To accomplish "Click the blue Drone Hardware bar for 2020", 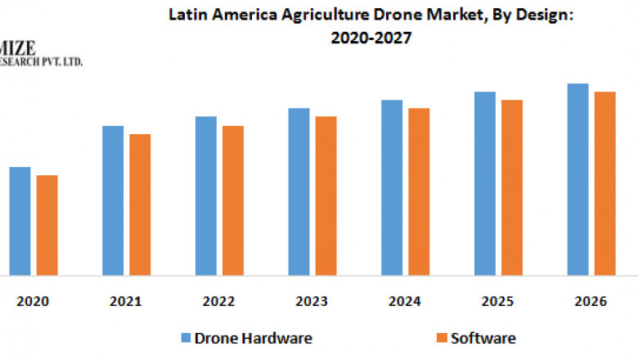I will [x=20, y=221].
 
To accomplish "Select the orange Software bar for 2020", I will [x=47, y=225].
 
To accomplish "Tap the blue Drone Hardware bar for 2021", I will [x=113, y=200].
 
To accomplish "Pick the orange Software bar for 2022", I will [x=233, y=200].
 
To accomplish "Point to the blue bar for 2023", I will [x=299, y=191].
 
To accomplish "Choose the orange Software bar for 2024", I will [x=419, y=191].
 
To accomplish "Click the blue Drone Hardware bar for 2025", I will [x=485, y=183].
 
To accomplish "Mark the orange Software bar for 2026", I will [x=604, y=183].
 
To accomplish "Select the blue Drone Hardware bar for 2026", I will [x=577, y=179].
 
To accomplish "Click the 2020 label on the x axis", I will [x=34, y=301].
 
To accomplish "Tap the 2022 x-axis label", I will [x=219, y=301].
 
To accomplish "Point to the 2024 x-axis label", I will [x=405, y=301].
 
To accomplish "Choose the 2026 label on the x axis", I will [x=591, y=301].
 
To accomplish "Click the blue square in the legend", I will [x=186, y=338].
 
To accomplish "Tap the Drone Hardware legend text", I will [x=254, y=338].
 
